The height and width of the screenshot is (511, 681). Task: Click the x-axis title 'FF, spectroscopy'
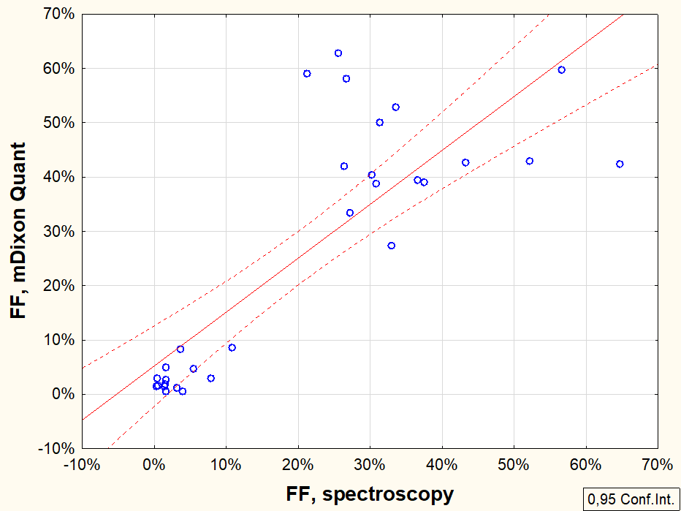[370, 494]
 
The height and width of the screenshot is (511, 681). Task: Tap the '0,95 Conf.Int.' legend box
[631, 499]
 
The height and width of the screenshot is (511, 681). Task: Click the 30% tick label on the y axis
[58, 231]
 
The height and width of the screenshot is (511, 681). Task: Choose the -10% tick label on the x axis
[81, 464]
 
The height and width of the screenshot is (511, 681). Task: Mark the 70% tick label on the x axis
[657, 464]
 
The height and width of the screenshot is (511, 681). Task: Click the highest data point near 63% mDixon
[338, 53]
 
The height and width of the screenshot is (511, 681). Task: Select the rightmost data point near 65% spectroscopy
[620, 164]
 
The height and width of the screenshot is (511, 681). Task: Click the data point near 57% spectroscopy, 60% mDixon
[561, 70]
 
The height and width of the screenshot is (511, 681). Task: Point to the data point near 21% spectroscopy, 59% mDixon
[307, 74]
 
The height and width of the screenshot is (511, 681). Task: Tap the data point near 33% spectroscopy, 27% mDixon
[392, 246]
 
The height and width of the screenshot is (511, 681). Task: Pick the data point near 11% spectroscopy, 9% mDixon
[232, 347]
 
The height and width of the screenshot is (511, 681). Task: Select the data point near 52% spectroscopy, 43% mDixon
[530, 161]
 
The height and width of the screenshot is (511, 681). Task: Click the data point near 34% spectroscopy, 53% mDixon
[396, 107]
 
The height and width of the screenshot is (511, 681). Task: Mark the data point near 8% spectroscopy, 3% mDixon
[211, 378]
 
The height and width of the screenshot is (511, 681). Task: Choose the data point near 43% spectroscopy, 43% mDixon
[465, 162]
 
